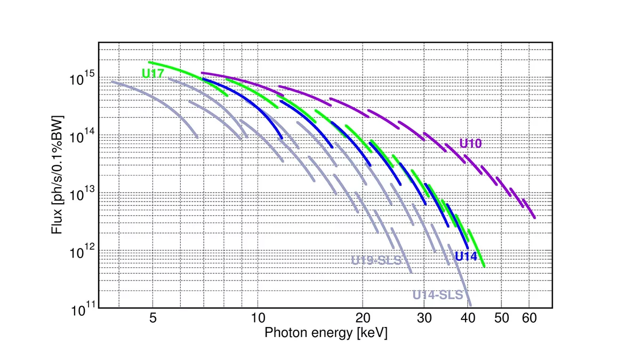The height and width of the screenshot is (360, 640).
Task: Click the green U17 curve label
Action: click(x=153, y=74)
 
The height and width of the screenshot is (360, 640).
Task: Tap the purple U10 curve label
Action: click(x=471, y=143)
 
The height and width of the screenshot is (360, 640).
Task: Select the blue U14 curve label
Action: click(x=466, y=256)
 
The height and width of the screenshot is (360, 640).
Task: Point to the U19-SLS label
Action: click(x=376, y=261)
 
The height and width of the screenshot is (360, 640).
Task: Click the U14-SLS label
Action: click(x=437, y=295)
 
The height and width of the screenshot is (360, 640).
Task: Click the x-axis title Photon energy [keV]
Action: click(x=326, y=333)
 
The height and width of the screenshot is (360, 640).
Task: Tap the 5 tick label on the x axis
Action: click(x=153, y=319)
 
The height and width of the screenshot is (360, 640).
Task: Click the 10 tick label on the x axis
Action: click(x=258, y=319)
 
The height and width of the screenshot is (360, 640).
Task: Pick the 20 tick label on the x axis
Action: click(x=363, y=319)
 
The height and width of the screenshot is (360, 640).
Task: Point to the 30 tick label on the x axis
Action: click(x=425, y=319)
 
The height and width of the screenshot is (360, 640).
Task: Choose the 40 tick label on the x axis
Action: click(x=468, y=319)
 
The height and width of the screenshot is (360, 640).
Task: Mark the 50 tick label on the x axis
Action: click(x=502, y=319)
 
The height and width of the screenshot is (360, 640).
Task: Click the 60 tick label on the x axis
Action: click(x=529, y=319)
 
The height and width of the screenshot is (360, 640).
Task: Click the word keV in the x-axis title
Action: click(x=372, y=333)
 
